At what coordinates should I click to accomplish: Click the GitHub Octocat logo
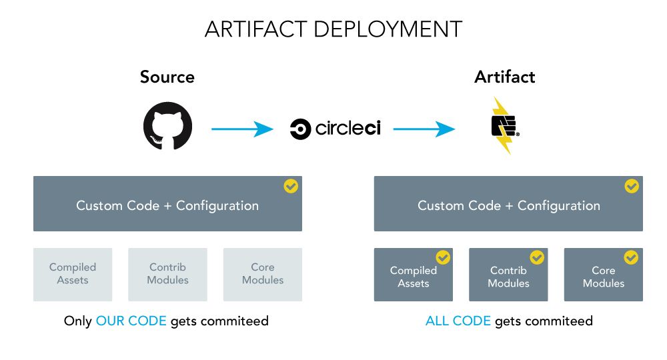(167, 126)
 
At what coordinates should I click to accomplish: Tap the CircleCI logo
(336, 129)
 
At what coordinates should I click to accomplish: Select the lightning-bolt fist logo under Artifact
(505, 125)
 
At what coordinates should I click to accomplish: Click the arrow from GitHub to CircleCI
(243, 129)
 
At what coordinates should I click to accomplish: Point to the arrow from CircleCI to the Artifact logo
(424, 129)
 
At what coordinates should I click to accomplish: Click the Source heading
(167, 77)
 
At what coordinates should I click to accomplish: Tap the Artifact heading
(504, 77)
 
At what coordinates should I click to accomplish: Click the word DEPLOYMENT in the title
(388, 29)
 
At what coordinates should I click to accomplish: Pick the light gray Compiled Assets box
(73, 275)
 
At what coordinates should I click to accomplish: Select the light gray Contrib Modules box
(167, 275)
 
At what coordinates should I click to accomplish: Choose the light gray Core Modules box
(263, 275)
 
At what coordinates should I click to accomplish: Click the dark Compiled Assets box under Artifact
(414, 275)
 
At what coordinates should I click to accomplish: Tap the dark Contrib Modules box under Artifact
(508, 275)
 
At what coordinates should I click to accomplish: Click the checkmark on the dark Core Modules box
(631, 257)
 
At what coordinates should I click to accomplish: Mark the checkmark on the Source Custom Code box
(291, 186)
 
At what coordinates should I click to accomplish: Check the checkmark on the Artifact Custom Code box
(632, 186)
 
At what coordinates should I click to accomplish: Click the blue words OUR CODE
(131, 321)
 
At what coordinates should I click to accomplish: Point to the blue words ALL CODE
(458, 321)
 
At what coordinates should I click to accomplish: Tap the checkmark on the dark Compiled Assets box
(443, 257)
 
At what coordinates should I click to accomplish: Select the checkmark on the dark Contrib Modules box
(537, 257)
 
